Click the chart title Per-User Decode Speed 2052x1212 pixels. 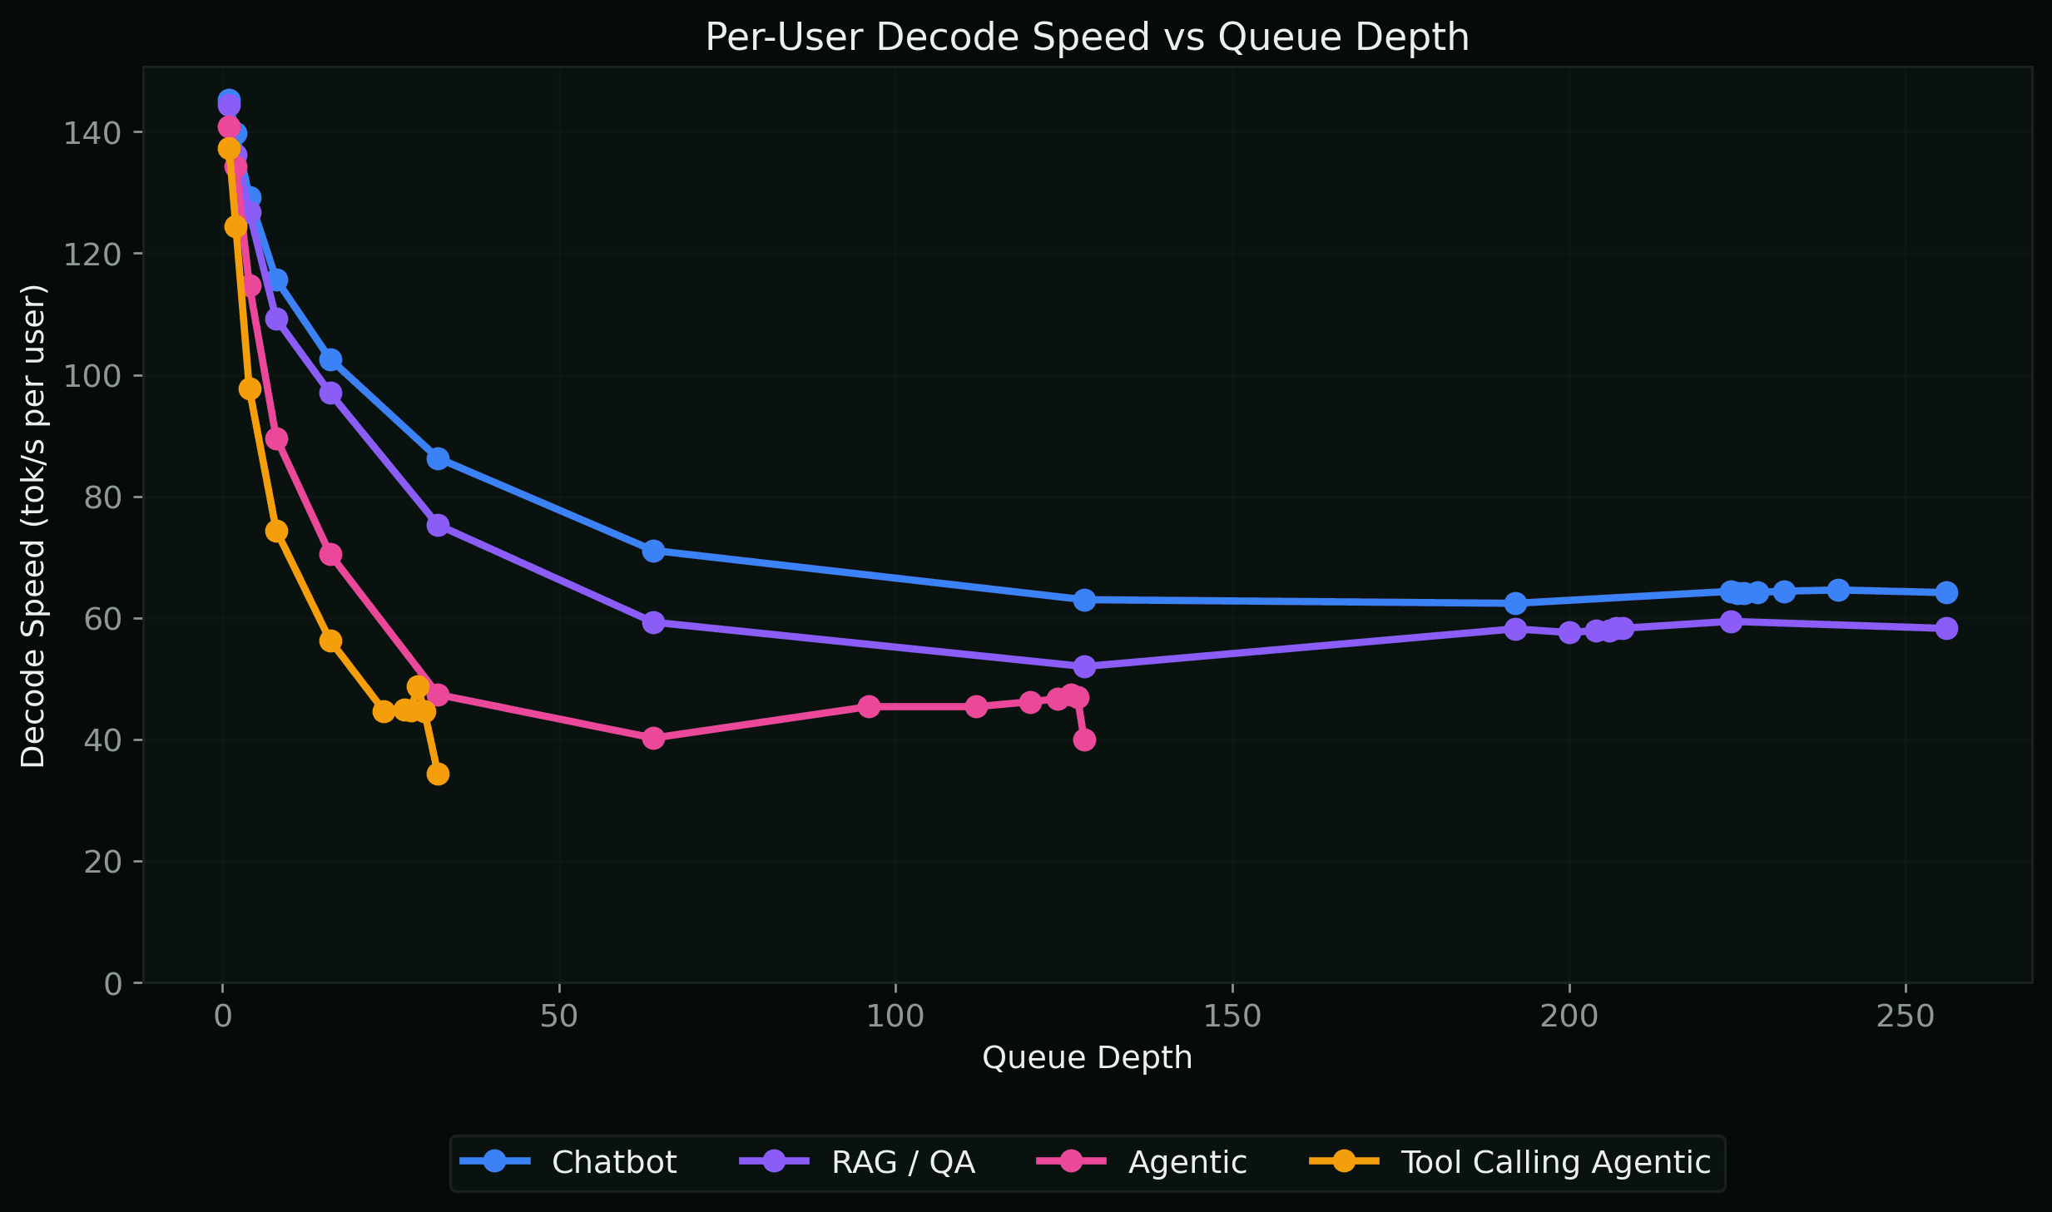1087,37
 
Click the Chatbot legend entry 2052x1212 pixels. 613,1162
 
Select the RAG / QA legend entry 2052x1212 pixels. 902,1162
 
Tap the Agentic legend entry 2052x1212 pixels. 1187,1162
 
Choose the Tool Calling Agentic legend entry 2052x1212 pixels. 1554,1162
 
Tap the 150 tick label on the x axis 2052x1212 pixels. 1232,1017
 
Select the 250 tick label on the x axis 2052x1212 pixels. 1905,1017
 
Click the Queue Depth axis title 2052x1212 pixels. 1087,1058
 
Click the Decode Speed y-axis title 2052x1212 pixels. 33,526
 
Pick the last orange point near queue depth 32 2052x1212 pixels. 438,774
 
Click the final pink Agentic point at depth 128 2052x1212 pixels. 1084,740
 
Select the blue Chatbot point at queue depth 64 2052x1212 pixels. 653,551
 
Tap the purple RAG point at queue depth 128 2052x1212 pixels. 1084,666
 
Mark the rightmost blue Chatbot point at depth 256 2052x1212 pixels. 1946,592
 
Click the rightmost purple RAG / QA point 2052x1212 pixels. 1946,628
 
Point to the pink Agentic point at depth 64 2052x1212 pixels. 653,738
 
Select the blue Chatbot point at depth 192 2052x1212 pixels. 1515,603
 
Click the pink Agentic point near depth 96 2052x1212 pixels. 869,706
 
